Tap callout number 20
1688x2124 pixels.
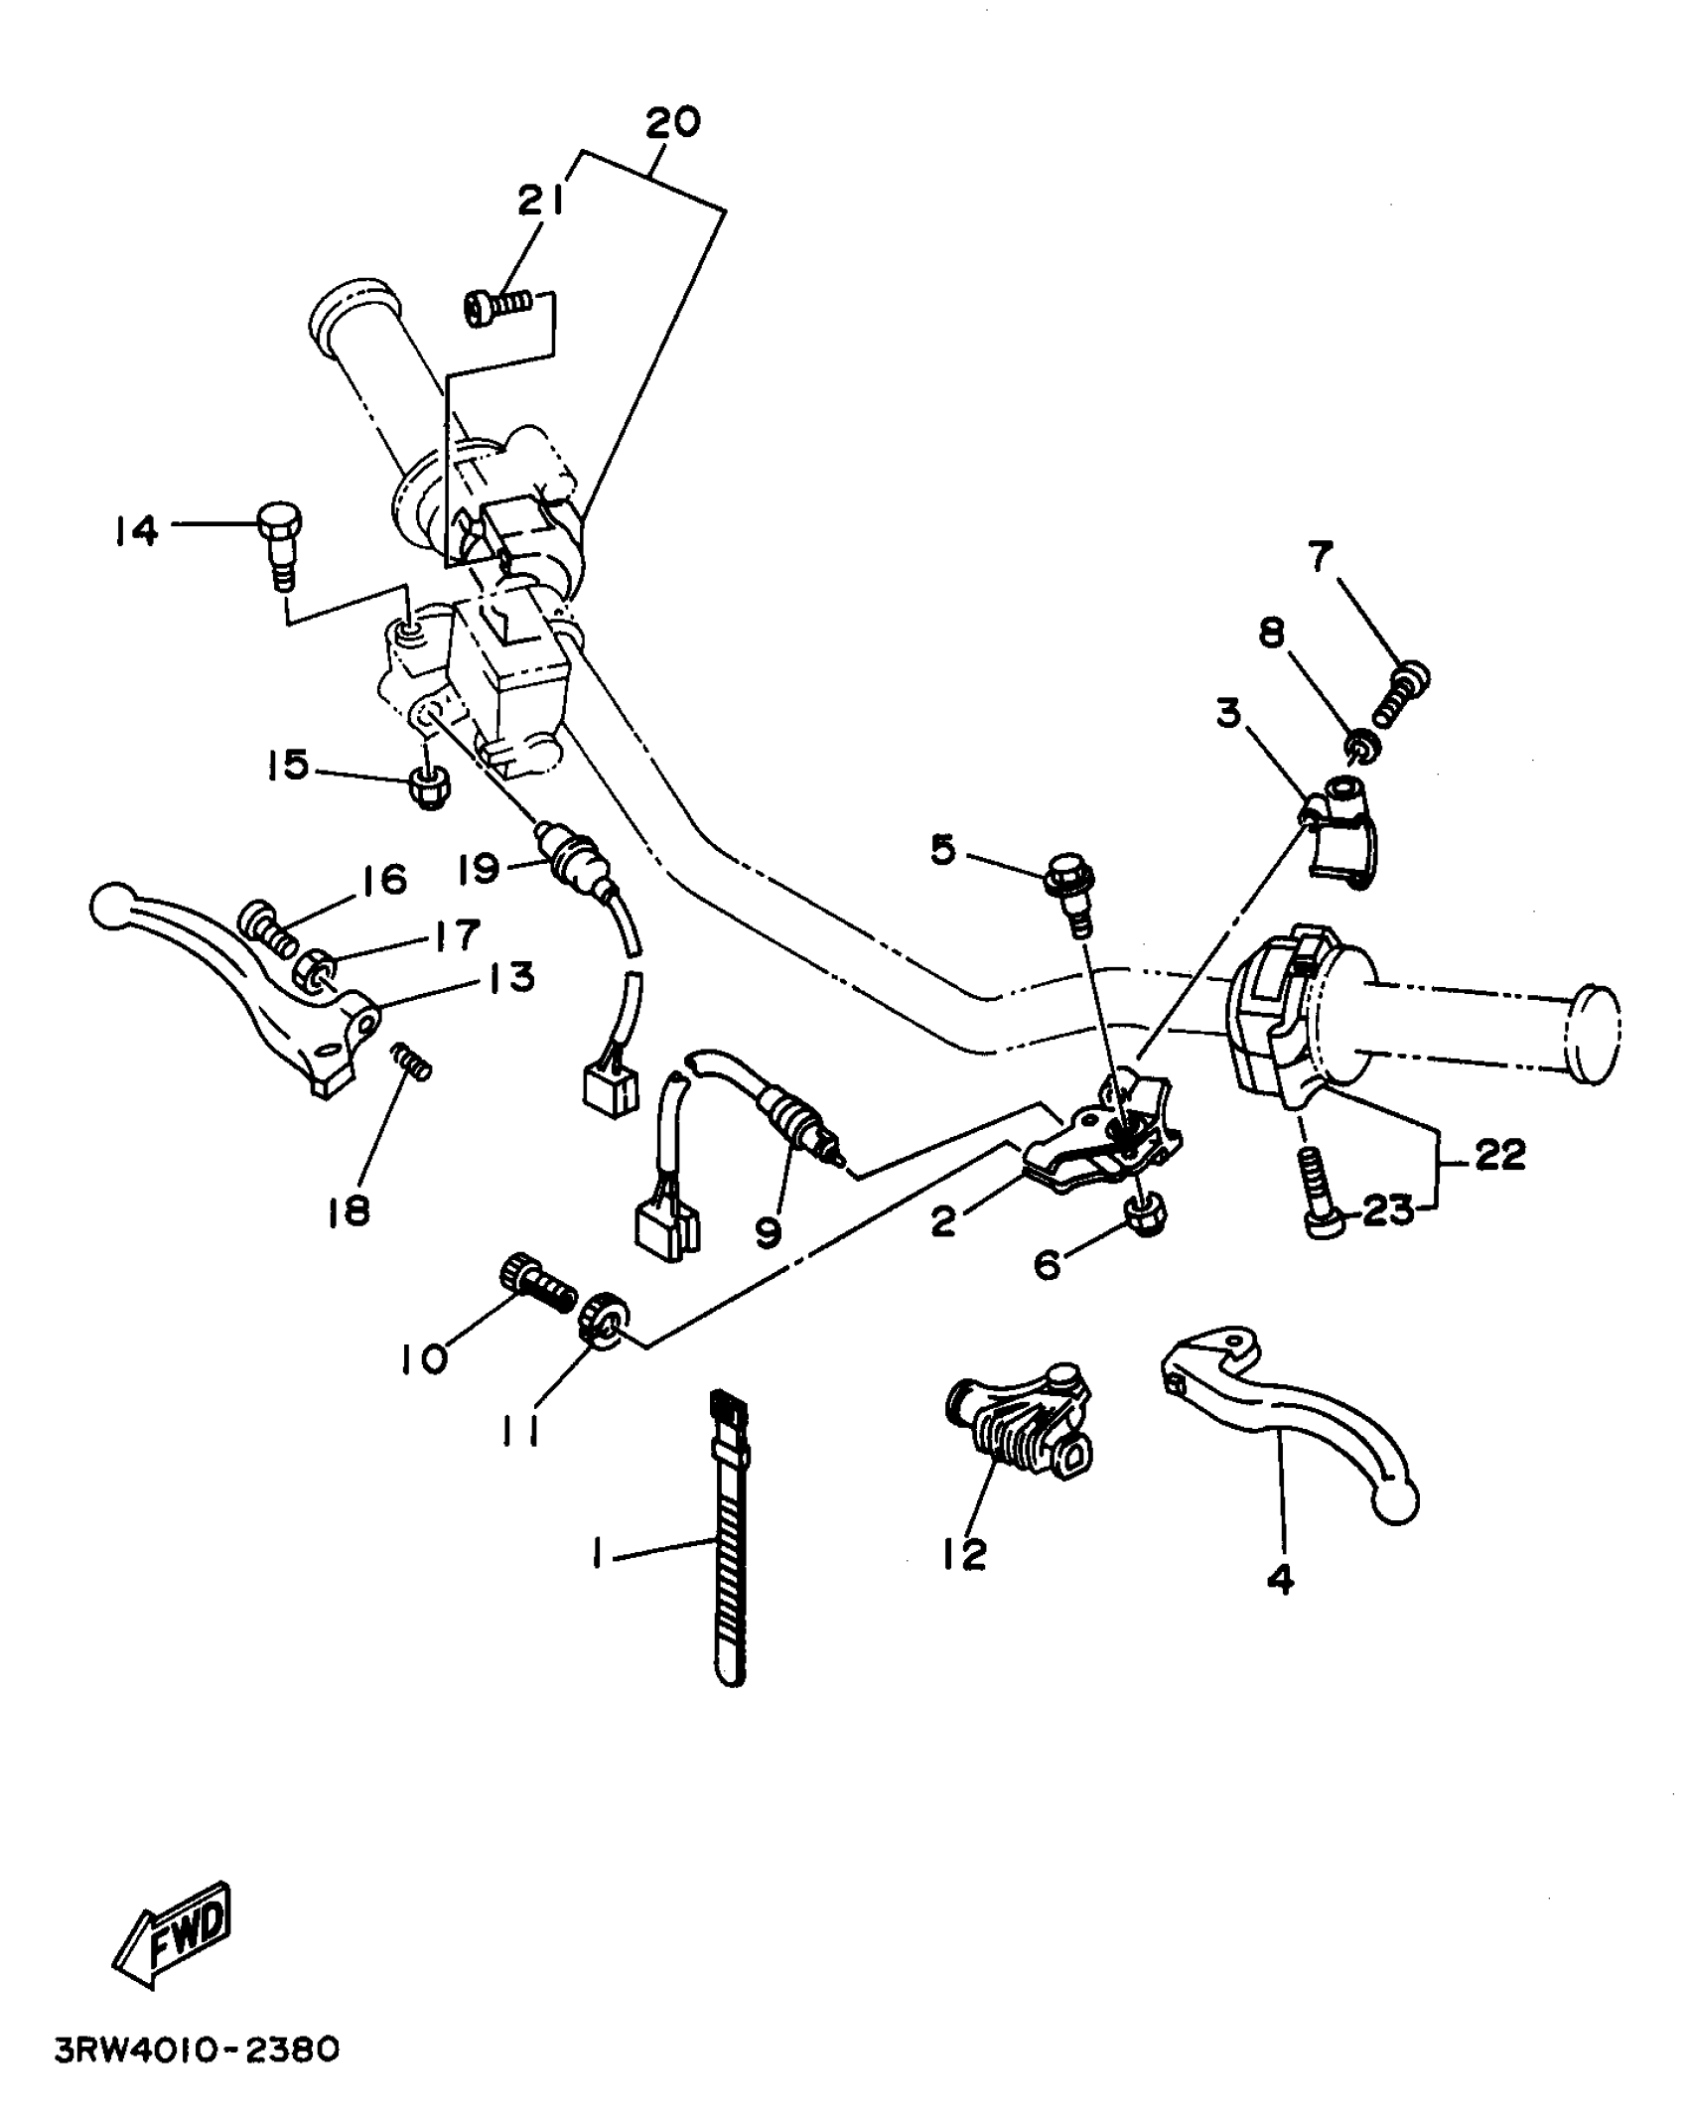[673, 122]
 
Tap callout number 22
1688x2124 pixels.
[1499, 1155]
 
